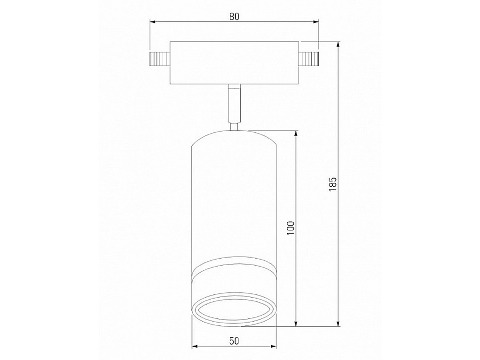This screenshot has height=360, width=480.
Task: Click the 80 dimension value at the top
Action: click(x=234, y=16)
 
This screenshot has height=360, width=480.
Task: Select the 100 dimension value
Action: click(x=290, y=228)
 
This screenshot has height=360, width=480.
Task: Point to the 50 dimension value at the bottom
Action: click(x=234, y=340)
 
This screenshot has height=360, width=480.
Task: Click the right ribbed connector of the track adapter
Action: click(x=309, y=60)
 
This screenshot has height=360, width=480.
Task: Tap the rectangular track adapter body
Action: click(x=234, y=62)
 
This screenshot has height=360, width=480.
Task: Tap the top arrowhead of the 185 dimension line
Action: click(x=338, y=45)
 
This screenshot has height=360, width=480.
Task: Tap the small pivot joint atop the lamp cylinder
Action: click(x=234, y=126)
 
